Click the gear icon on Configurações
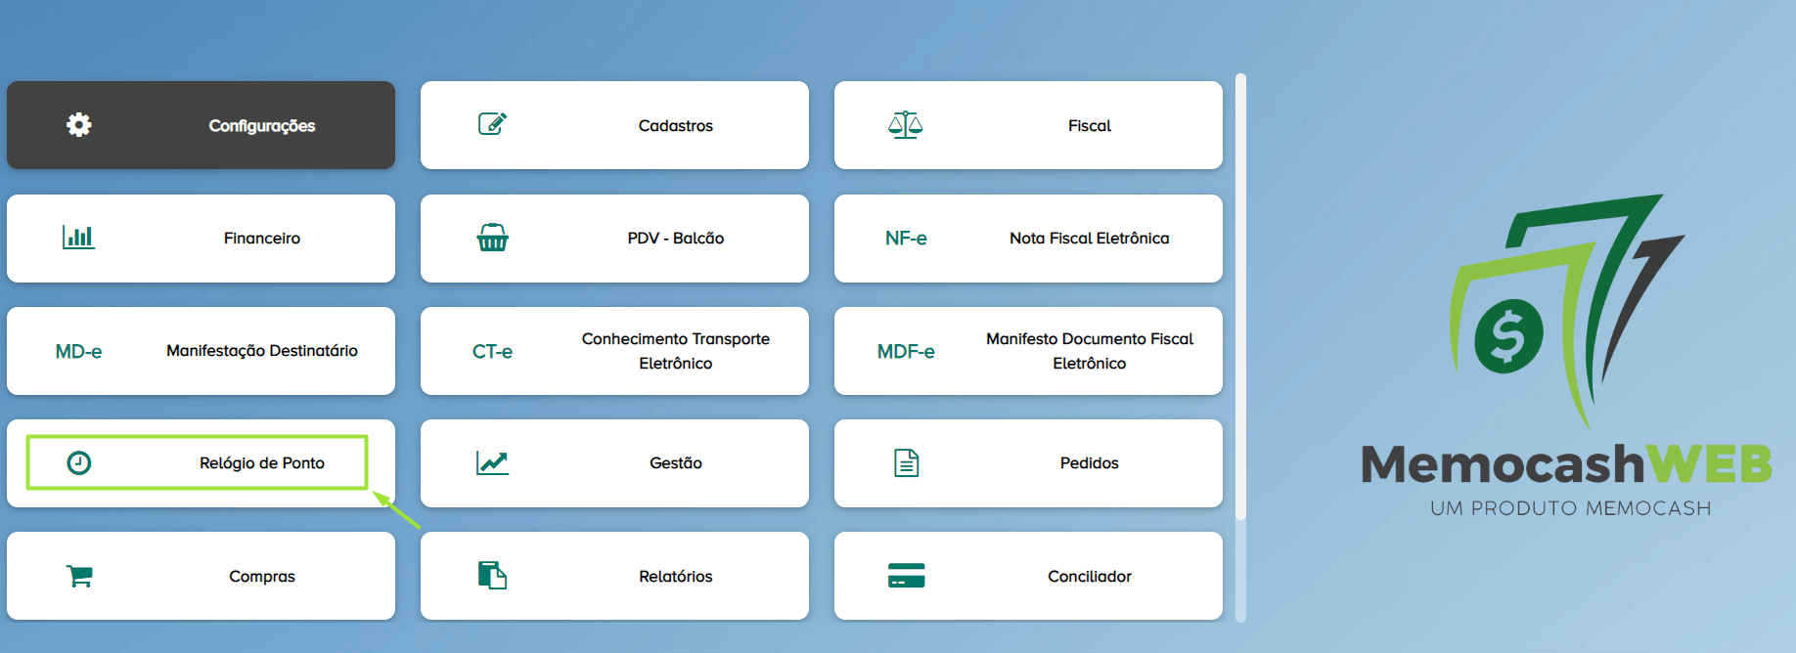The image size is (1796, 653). [79, 124]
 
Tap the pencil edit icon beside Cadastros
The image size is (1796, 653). [492, 123]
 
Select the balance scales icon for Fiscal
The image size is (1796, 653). [906, 125]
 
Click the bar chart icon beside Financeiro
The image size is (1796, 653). [78, 238]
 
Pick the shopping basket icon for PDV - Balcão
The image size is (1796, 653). [492, 238]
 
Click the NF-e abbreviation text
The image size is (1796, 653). [906, 239]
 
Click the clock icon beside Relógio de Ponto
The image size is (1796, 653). [79, 463]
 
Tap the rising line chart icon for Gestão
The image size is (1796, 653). [492, 462]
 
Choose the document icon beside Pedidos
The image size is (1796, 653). [907, 463]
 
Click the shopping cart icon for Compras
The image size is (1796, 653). [79, 576]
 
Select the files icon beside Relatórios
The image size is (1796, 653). [492, 576]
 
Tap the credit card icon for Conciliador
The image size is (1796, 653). [906, 576]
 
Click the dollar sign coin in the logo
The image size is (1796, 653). [1508, 335]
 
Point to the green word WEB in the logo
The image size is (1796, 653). [1708, 464]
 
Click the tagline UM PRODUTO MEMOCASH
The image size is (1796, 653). [1570, 508]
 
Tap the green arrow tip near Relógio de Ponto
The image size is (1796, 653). [374, 492]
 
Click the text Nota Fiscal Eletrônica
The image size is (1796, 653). [1090, 239]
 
